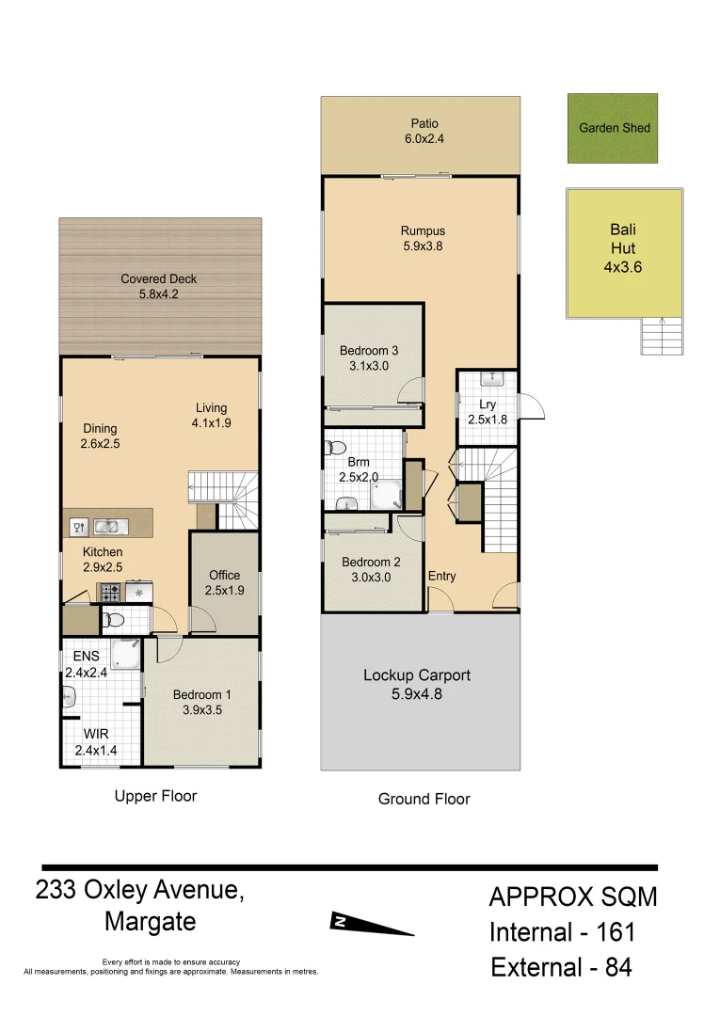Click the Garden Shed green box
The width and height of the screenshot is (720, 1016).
pos(612,128)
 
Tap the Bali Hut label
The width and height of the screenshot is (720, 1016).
pos(623,248)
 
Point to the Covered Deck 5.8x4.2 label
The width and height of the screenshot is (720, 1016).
pos(158,287)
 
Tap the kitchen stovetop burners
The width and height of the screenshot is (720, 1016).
pos(110,593)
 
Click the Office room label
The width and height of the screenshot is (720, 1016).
pos(224,582)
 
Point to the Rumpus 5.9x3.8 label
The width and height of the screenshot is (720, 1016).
pos(422,239)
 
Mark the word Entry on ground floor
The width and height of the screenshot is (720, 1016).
pos(441,576)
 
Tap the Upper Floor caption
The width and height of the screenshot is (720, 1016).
pos(155,796)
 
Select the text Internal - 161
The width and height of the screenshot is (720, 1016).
pos(562,932)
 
